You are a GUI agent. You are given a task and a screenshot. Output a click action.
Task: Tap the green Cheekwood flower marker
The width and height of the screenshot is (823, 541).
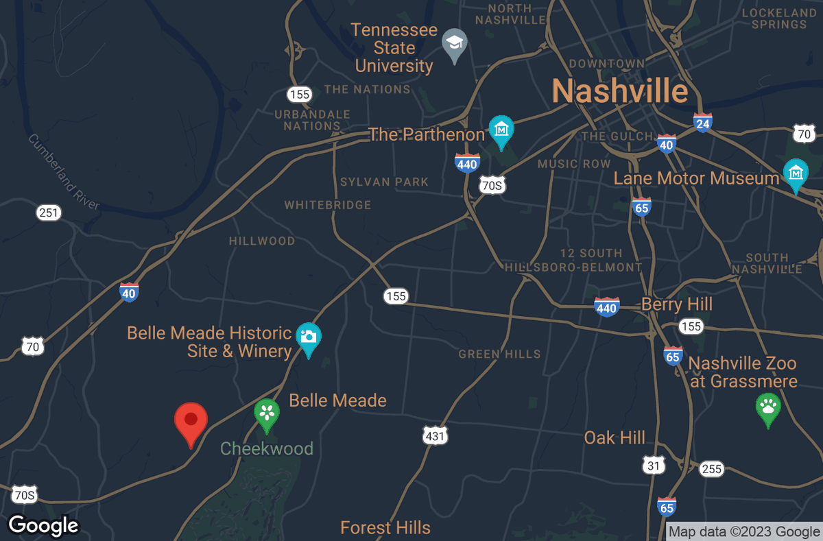click(x=267, y=413)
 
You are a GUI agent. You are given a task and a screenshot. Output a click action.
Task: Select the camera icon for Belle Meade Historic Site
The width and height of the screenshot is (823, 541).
click(x=309, y=337)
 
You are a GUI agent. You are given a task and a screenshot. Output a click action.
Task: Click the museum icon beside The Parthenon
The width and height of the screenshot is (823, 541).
click(x=501, y=129)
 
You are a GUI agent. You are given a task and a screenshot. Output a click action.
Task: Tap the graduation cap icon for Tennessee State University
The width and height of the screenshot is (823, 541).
click(x=453, y=43)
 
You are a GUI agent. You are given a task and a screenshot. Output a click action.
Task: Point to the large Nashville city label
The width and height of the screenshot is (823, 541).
click(x=619, y=91)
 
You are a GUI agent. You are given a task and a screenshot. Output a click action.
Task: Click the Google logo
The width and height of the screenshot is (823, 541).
click(x=43, y=525)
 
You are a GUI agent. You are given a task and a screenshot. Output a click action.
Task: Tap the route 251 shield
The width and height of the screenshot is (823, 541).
click(x=49, y=213)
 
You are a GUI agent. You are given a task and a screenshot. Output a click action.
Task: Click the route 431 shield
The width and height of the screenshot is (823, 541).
click(x=435, y=435)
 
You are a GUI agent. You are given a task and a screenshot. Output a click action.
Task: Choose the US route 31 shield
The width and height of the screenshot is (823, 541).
click(x=654, y=466)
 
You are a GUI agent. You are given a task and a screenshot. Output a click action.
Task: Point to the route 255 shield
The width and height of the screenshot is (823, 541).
click(x=711, y=469)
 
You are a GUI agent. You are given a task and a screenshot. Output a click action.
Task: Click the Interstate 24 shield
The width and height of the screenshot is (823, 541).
click(x=702, y=123)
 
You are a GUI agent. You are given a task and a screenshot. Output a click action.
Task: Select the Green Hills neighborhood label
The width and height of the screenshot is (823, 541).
click(x=499, y=354)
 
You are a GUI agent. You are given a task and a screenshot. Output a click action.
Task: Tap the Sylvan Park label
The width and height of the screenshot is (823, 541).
click(x=384, y=182)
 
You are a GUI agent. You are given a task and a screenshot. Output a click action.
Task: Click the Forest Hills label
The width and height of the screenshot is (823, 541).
click(x=385, y=527)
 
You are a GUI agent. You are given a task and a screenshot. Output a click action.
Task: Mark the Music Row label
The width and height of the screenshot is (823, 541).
click(x=573, y=164)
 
